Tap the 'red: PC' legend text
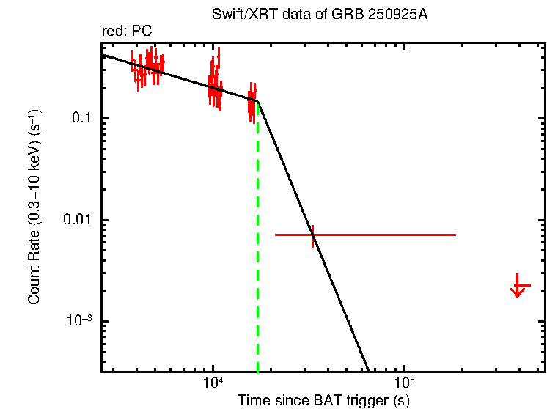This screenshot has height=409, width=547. [x=127, y=32]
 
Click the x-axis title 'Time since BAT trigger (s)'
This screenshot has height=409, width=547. [x=323, y=400]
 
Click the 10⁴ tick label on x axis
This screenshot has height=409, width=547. [x=213, y=383]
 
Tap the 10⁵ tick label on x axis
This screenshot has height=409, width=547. [x=404, y=383]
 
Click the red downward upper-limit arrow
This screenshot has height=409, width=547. [x=518, y=289]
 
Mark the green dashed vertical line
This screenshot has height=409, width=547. [x=257, y=242]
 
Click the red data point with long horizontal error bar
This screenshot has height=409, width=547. [x=313, y=235]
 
